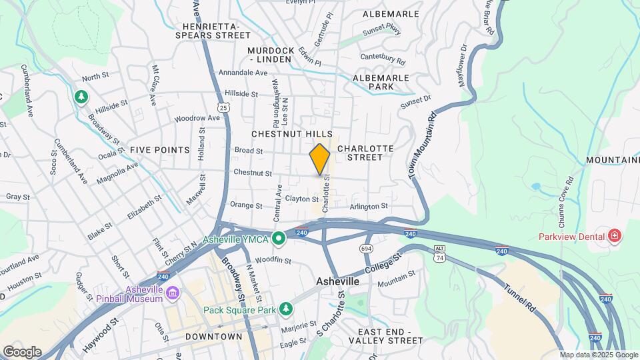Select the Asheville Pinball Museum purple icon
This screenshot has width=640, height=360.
173,293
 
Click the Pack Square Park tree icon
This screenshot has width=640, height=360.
286,309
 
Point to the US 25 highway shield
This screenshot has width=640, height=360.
223,107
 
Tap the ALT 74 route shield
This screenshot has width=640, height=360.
438,257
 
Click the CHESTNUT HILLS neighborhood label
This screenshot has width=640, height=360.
291,135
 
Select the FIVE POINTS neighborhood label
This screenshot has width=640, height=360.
160,150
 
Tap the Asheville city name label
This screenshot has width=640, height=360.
337,282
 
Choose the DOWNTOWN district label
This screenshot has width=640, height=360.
213,337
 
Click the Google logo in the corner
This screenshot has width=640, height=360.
21,351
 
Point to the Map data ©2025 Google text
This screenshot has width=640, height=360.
599,355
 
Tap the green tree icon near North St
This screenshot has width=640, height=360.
81,97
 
